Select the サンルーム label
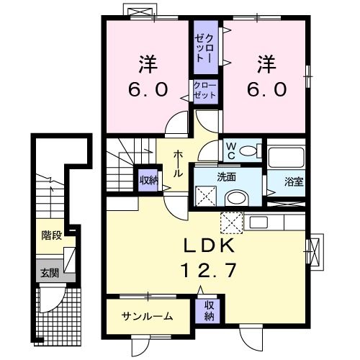[x=147, y=315]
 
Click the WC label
[x=229, y=150]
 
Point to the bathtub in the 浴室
[x=283, y=158]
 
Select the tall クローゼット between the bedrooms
[x=204, y=47]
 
